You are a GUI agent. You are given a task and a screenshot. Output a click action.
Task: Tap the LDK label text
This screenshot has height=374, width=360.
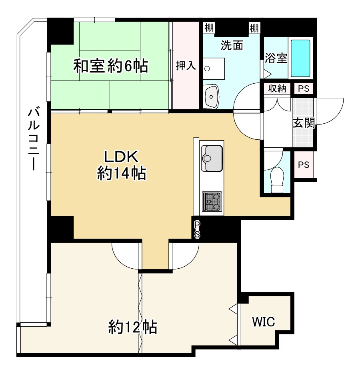[121, 157]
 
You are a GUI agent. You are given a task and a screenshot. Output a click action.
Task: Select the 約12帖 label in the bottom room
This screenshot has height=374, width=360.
[133, 327]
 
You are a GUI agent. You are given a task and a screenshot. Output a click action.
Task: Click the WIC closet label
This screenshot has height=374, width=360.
[263, 322]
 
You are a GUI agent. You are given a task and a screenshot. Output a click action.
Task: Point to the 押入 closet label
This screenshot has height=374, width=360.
[186, 65]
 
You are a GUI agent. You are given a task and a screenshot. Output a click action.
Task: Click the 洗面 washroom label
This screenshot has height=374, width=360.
[232, 45]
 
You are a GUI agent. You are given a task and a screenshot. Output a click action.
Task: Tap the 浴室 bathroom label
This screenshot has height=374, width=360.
[276, 58]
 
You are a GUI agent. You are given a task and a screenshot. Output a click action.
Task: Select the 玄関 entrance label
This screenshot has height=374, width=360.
[304, 123]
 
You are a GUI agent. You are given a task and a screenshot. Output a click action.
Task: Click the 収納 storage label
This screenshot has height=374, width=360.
[277, 89]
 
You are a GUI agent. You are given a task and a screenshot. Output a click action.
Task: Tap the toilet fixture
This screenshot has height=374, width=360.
[277, 179]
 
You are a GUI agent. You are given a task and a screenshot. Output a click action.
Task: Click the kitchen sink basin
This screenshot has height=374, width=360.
[212, 158]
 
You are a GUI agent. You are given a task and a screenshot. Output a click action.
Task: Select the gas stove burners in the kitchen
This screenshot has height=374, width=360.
[212, 201]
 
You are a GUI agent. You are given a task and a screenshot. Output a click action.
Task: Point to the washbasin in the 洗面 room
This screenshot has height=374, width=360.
[211, 96]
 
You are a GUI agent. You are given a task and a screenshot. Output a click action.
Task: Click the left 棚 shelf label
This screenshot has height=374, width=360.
[209, 28]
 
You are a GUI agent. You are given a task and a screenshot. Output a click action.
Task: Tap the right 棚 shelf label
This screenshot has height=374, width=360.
[254, 28]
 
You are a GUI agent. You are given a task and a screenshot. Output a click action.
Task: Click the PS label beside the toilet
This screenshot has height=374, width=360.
[304, 165]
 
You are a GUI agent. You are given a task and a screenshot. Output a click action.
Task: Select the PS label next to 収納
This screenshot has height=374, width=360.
[304, 89]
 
